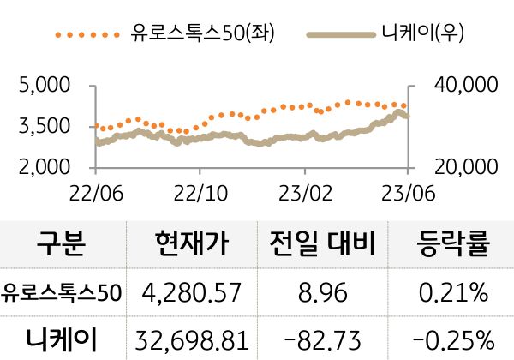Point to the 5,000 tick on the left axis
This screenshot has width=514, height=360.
pyautogui.click(x=43, y=86)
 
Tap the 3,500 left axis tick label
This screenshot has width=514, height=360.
pyautogui.click(x=43, y=126)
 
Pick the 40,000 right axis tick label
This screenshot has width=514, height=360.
pyautogui.click(x=462, y=86)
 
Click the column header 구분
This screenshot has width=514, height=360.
pyautogui.click(x=62, y=245)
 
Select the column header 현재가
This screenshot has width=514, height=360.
pyautogui.click(x=192, y=245)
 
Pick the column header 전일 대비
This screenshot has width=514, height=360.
pyautogui.click(x=323, y=245)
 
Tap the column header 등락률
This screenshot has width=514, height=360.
pyautogui.click(x=452, y=245)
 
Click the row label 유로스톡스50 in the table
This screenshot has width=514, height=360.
pyautogui.click(x=62, y=293)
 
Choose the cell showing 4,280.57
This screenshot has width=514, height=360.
pyautogui.click(x=192, y=293)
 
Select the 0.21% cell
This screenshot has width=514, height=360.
pyautogui.click(x=452, y=293)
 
